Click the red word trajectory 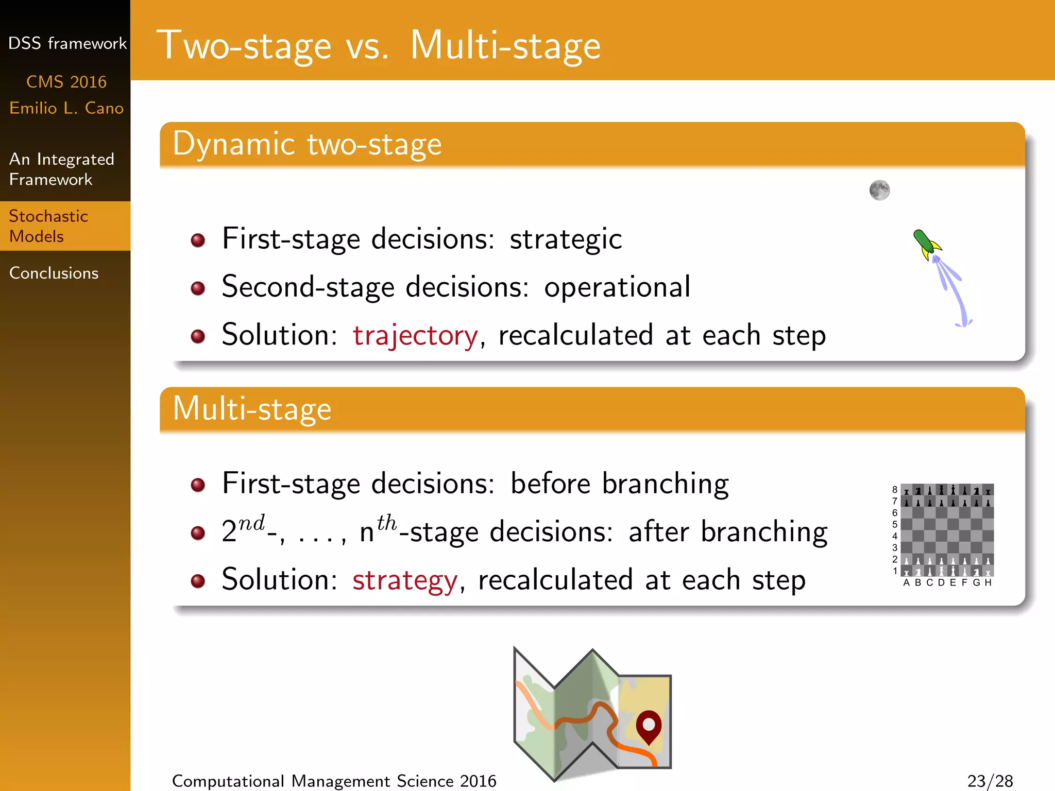coord(415,336)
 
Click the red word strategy coord(405,580)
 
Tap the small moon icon coord(879,190)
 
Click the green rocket coord(926,244)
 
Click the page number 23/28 coord(990,781)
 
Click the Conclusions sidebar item coord(54,273)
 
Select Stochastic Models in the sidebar coord(48,226)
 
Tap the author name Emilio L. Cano coord(66,108)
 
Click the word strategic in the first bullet coord(566,239)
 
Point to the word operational coord(617,287)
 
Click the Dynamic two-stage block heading coord(307,144)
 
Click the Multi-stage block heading coord(252,409)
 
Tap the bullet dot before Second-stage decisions coord(198,288)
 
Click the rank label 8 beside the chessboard coord(895,489)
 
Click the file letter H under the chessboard coord(988,582)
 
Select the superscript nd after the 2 coord(251,523)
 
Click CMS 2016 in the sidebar coord(66,82)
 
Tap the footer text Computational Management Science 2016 coord(334,781)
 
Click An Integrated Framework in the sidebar coord(61,169)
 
